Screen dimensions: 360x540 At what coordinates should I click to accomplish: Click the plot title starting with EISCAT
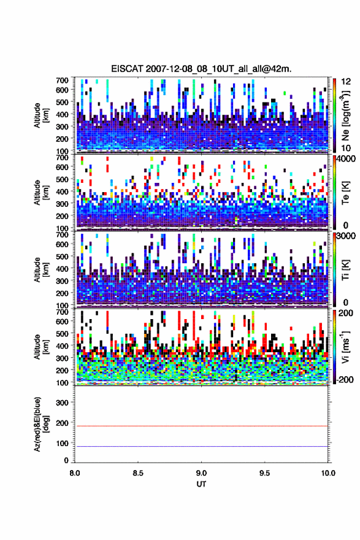201,69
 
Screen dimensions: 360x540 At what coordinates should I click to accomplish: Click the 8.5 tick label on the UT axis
138,473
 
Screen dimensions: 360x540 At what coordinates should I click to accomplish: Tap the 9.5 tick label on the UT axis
264,473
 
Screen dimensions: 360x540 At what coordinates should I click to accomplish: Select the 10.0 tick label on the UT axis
328,473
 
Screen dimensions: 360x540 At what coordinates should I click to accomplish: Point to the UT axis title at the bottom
201,484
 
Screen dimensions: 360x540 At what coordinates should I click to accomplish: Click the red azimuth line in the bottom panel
201,426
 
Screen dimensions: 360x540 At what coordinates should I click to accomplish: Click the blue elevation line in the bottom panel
201,446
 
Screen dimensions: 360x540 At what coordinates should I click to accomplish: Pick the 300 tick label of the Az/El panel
63,403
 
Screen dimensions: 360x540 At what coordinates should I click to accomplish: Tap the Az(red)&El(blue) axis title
42,425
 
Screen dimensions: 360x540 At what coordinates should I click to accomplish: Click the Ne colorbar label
345,115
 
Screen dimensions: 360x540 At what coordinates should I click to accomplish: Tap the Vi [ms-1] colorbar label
345,347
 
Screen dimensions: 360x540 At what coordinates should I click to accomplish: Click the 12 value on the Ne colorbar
345,81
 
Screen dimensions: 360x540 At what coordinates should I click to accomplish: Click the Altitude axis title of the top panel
42,115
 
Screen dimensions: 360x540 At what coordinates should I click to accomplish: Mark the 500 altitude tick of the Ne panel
63,102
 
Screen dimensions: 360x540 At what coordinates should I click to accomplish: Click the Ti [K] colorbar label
345,269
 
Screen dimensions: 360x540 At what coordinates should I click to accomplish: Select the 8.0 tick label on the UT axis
75,473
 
